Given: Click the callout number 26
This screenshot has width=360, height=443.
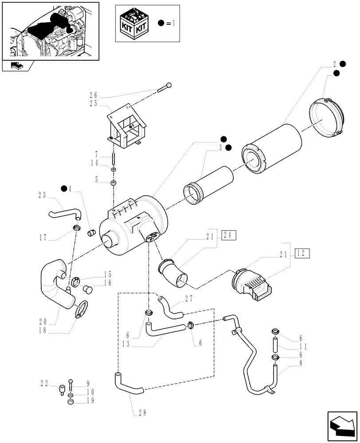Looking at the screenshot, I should [x=93, y=95].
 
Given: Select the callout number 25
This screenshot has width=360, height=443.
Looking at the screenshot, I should [x=93, y=104].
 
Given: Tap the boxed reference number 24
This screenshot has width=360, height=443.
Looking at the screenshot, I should [x=229, y=235].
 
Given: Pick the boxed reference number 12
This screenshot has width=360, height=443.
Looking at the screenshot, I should [x=302, y=253].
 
